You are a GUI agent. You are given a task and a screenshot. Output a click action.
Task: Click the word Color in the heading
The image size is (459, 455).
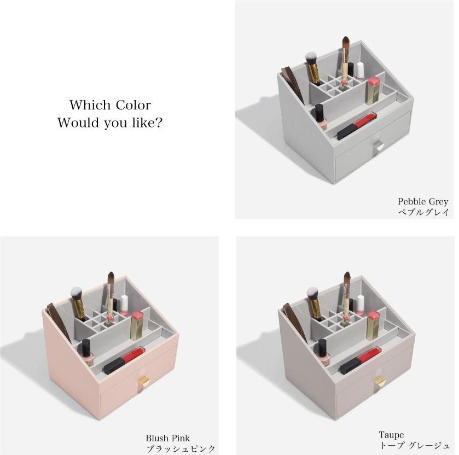click(133, 105)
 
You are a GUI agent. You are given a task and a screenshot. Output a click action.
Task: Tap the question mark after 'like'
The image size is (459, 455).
click(158, 122)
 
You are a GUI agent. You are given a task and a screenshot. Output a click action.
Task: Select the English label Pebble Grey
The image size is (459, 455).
click(423, 202)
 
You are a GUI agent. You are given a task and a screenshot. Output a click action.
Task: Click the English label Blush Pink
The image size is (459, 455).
click(168, 438)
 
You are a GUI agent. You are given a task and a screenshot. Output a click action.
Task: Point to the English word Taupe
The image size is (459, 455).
click(391, 435)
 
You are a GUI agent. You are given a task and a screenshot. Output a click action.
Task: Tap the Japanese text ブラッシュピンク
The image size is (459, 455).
click(181, 448)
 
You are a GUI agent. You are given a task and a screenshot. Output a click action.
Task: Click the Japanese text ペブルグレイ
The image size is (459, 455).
click(423, 212)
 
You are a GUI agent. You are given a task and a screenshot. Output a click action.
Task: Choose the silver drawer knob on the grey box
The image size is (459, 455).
click(378, 145)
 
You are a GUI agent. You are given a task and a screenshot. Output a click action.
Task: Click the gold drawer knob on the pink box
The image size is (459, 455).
click(144, 382)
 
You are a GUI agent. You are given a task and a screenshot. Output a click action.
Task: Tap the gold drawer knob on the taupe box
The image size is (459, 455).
click(380, 382)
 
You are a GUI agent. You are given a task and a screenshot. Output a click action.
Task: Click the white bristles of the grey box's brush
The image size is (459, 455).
click(311, 57)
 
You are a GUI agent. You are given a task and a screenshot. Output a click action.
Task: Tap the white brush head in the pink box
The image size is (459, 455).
click(76, 293)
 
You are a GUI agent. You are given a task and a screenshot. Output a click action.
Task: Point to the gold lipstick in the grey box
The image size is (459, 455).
click(373, 90)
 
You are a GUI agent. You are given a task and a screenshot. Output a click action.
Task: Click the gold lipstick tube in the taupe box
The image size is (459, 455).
click(373, 325)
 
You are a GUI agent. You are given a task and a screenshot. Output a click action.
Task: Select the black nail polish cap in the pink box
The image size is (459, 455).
click(86, 346)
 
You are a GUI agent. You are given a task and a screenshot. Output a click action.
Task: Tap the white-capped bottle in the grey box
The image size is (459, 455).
click(360, 72)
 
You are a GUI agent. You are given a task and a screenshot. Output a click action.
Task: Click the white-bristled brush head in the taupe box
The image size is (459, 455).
click(312, 293)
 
